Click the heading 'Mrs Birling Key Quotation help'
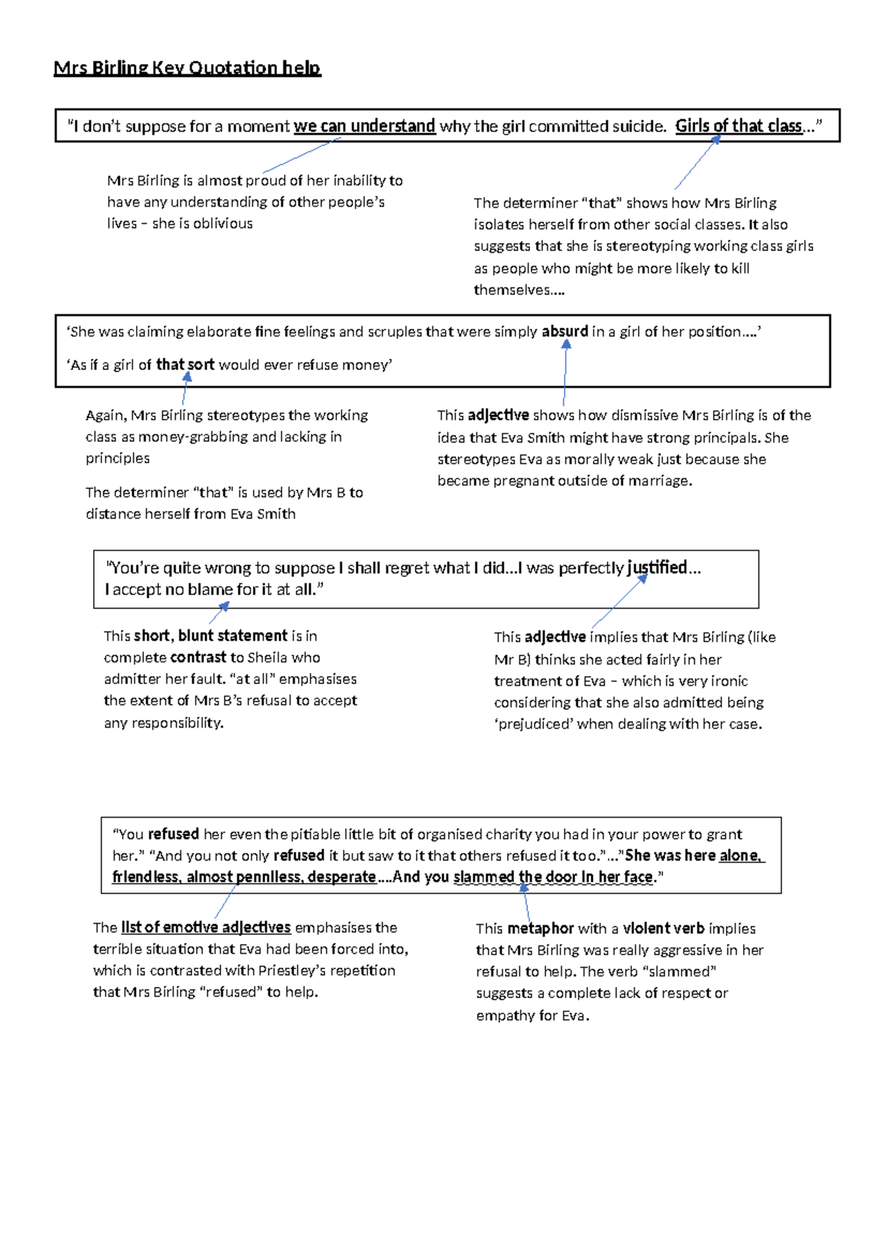187,68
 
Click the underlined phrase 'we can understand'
364,126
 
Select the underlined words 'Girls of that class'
738,126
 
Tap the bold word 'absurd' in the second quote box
565,332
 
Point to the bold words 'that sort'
185,364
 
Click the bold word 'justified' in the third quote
657,567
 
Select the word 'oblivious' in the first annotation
222,223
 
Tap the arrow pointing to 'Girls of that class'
696,164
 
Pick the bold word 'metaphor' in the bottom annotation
540,929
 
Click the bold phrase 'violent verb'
663,929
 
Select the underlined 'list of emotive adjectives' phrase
205,927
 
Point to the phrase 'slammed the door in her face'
553,877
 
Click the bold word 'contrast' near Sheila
198,658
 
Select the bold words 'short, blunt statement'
211,635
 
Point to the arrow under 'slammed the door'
526,903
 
